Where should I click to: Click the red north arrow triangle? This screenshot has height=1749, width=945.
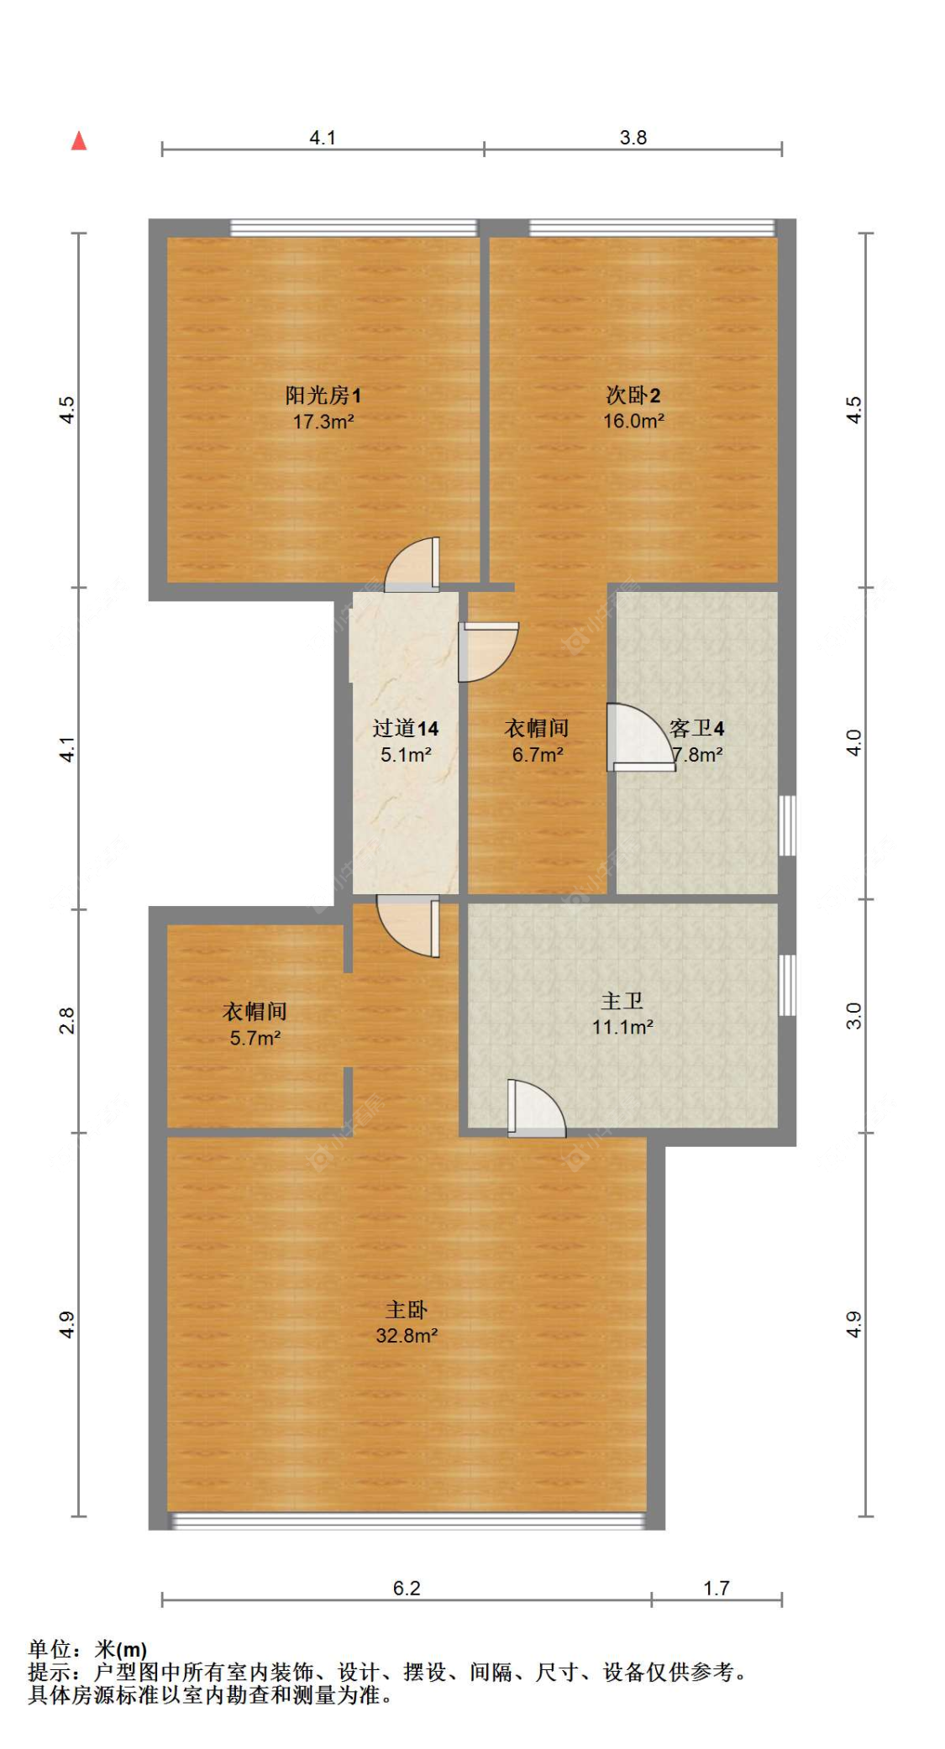pos(79,141)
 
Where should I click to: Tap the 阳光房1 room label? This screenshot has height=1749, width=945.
pos(323,395)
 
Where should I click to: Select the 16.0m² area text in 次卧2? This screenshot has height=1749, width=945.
pos(633,422)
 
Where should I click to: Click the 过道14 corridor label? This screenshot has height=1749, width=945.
pos(406,728)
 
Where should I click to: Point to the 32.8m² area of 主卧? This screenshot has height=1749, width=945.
pos(407,1335)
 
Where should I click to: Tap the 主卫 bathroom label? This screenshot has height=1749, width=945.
pos(622,1001)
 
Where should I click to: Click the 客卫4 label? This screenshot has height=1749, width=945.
pos(696,728)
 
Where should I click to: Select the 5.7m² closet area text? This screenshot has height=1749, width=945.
pos(255,1038)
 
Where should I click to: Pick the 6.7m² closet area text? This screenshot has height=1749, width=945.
pos(538,755)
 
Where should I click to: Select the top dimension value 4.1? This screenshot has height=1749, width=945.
pos(323,138)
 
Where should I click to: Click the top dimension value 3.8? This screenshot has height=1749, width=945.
pos(633,138)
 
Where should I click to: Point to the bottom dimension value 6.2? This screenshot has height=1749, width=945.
pos(407,1588)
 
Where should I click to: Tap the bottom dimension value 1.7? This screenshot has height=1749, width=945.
pos(717,1588)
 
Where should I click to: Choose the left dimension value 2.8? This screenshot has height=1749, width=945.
pos(67,1020)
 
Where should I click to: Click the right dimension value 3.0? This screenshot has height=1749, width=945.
pos(853,1016)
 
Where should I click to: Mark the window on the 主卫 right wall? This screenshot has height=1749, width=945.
pos(787,985)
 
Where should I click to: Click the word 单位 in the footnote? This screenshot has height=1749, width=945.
pos(50,1649)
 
